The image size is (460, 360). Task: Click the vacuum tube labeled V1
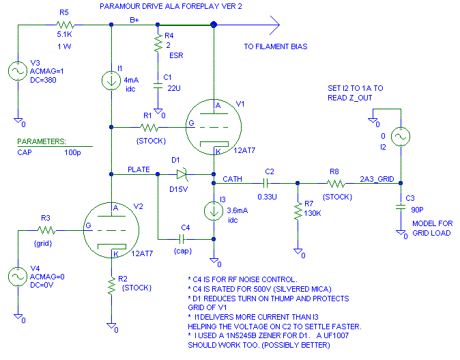213,127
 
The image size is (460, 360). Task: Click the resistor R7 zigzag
297,212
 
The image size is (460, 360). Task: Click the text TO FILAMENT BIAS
276,47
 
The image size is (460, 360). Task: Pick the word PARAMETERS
42,141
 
